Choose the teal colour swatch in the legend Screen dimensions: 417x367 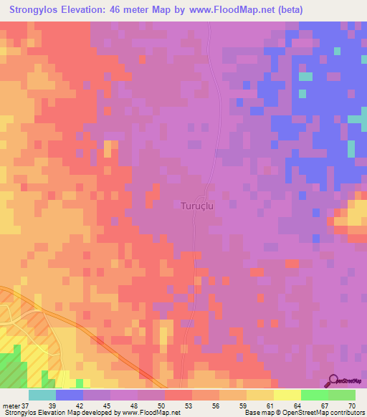42,395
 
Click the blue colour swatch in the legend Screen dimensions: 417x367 70,395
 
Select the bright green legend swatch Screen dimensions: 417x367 314,395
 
